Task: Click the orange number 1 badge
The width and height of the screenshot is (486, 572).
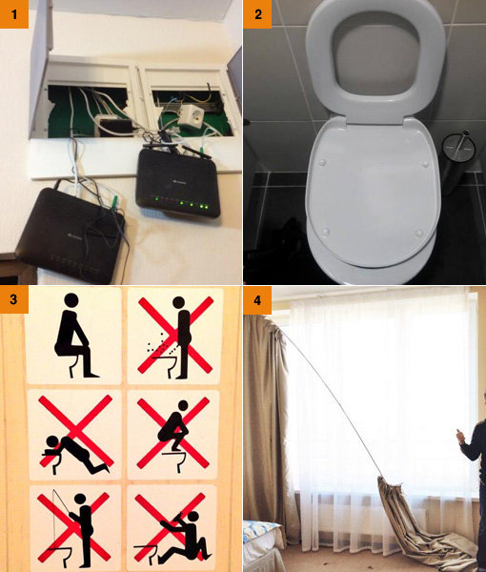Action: (14, 14)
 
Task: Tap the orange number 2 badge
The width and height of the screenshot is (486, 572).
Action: (257, 14)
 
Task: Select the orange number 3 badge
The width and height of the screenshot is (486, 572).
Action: (14, 299)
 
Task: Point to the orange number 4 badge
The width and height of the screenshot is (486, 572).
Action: (257, 300)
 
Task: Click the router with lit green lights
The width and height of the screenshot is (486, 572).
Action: (178, 182)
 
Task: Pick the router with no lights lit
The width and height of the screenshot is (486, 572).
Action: (71, 235)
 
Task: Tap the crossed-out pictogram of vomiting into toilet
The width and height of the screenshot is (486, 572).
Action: (75, 434)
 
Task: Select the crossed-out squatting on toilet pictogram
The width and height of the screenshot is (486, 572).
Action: (173, 434)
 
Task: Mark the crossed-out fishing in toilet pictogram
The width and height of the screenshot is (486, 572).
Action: (74, 528)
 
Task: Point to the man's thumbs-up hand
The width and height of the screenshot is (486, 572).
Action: (460, 436)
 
